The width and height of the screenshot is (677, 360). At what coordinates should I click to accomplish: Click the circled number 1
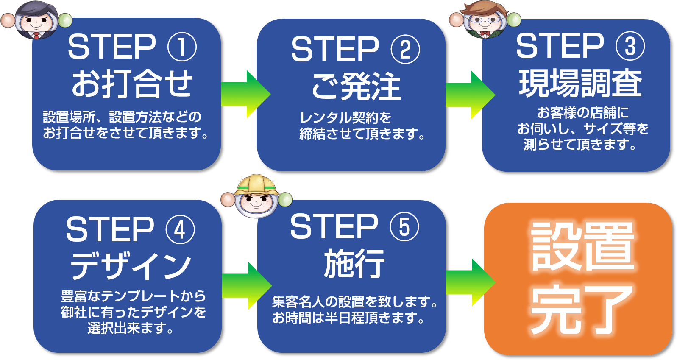[x=182, y=47]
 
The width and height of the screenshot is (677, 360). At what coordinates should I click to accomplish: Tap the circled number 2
[x=405, y=49]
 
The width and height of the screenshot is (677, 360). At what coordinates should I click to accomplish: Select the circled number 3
[x=630, y=46]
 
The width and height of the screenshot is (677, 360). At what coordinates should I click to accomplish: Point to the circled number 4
[x=181, y=229]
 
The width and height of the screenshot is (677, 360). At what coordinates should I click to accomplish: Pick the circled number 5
[x=404, y=226]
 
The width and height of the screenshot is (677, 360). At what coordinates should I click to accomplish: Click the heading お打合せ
[x=132, y=84]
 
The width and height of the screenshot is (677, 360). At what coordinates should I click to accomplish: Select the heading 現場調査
[x=580, y=83]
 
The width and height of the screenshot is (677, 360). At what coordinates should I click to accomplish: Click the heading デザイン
[x=131, y=266]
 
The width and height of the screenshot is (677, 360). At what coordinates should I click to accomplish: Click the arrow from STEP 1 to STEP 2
[x=245, y=94]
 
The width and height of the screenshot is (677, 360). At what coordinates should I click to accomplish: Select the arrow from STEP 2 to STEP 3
[x=470, y=95]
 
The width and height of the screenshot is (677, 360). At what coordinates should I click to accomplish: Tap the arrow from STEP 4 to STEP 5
[x=247, y=286]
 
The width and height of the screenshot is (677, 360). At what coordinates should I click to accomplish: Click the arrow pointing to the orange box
[x=471, y=282]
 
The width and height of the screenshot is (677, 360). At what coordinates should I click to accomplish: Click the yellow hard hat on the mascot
[x=256, y=185]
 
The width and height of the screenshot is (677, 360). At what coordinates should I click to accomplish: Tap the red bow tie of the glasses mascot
[x=485, y=33]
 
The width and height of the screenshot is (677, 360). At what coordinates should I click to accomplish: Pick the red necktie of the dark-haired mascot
[x=36, y=35]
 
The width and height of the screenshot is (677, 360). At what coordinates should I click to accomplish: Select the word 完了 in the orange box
[x=582, y=310]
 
